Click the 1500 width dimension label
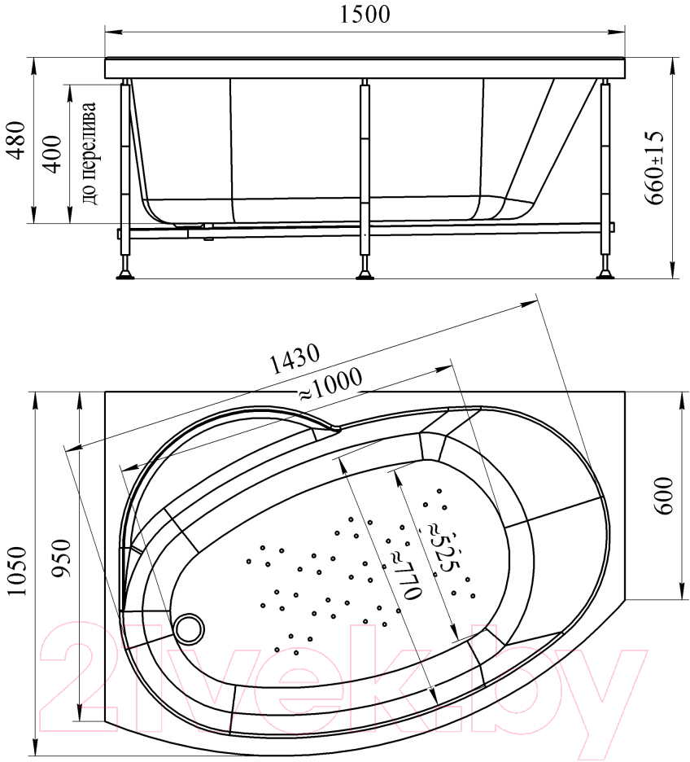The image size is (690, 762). (365, 15)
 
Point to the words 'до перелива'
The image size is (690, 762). (90, 153)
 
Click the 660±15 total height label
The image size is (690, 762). (654, 168)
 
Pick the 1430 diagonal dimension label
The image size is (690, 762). (295, 359)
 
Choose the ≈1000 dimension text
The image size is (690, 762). (330, 384)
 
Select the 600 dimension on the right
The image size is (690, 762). (664, 495)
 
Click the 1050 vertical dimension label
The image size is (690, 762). (17, 571)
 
